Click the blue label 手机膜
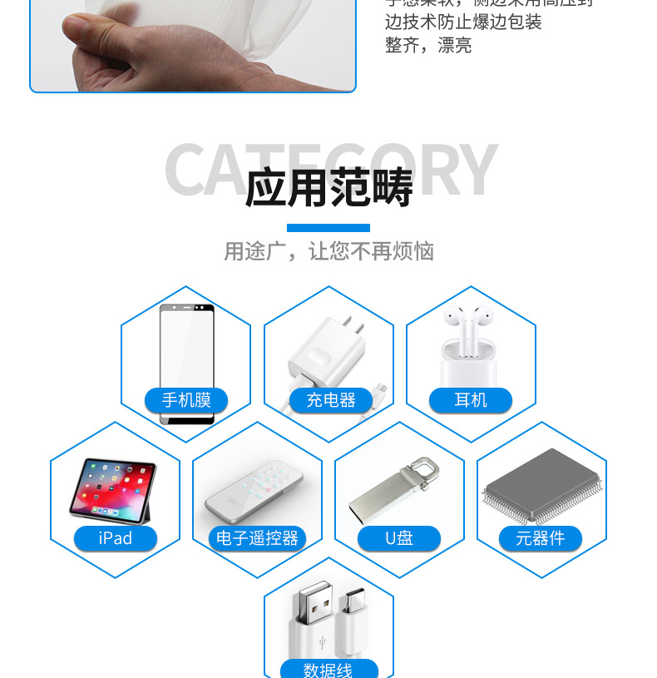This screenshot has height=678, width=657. (185, 400)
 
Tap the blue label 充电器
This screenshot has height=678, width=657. (330, 400)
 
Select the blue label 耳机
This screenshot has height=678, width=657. (471, 400)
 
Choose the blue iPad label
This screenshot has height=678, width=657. (115, 538)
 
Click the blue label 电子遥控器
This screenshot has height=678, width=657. (257, 538)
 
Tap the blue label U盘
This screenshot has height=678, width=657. (399, 538)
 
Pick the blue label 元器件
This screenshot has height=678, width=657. (541, 538)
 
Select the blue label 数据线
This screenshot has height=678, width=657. (328, 669)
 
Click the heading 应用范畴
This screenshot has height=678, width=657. (328, 188)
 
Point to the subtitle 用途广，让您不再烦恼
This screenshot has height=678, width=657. (328, 251)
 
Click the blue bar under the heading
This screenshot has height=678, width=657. (328, 228)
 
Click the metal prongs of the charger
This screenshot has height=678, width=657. (354, 324)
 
